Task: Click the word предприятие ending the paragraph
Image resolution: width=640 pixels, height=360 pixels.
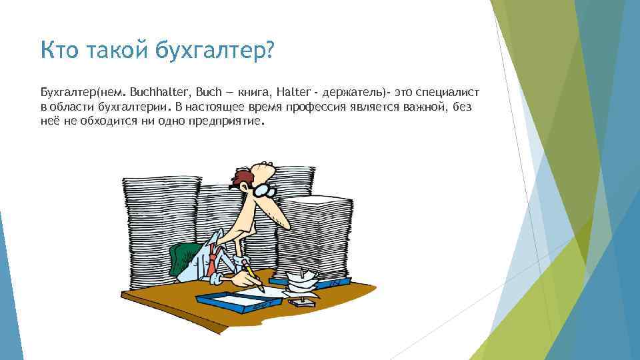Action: point(226,123)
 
